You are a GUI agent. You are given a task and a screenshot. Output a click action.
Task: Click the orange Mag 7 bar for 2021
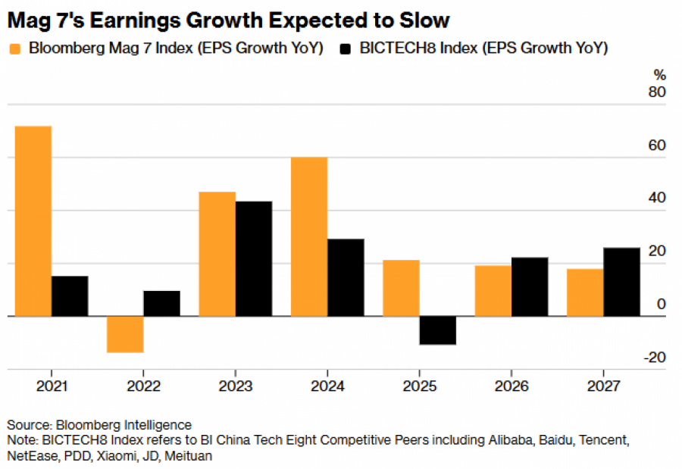tap(33, 220)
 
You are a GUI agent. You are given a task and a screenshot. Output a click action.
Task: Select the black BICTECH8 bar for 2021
tap(70, 295)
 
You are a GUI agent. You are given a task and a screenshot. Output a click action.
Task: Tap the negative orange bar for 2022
tap(125, 334)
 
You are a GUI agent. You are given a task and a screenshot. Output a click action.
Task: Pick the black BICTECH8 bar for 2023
tap(254, 258)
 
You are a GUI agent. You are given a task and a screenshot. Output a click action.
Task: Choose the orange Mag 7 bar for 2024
tap(309, 236)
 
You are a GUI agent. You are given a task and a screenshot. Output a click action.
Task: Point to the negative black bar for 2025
tap(438, 330)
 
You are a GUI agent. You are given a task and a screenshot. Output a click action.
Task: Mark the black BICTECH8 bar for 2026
tap(530, 286)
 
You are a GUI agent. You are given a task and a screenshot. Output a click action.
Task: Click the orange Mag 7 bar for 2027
tap(585, 292)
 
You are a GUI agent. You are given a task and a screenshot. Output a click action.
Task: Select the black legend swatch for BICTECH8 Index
tap(346, 49)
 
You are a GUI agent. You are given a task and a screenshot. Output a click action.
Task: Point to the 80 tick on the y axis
tap(657, 92)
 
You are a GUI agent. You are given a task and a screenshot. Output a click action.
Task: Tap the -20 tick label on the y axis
tap(654, 357)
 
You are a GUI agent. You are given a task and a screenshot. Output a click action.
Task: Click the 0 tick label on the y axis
tap(661, 304)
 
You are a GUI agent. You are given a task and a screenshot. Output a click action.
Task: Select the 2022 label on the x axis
tap(143, 386)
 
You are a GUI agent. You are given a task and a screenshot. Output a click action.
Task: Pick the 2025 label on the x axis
tap(420, 386)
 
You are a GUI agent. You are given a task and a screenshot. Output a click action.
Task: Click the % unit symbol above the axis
tap(659, 75)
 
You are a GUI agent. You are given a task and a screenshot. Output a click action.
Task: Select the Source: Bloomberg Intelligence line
tap(99, 424)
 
